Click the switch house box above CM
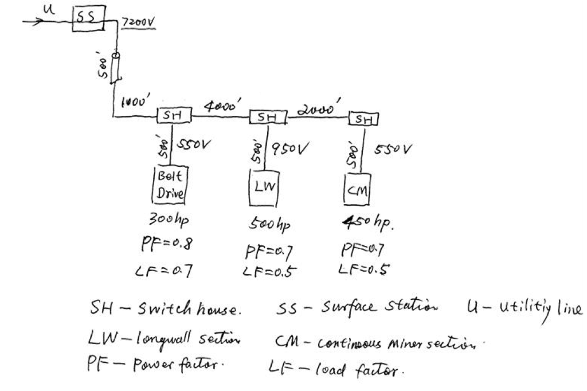click(x=363, y=119)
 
